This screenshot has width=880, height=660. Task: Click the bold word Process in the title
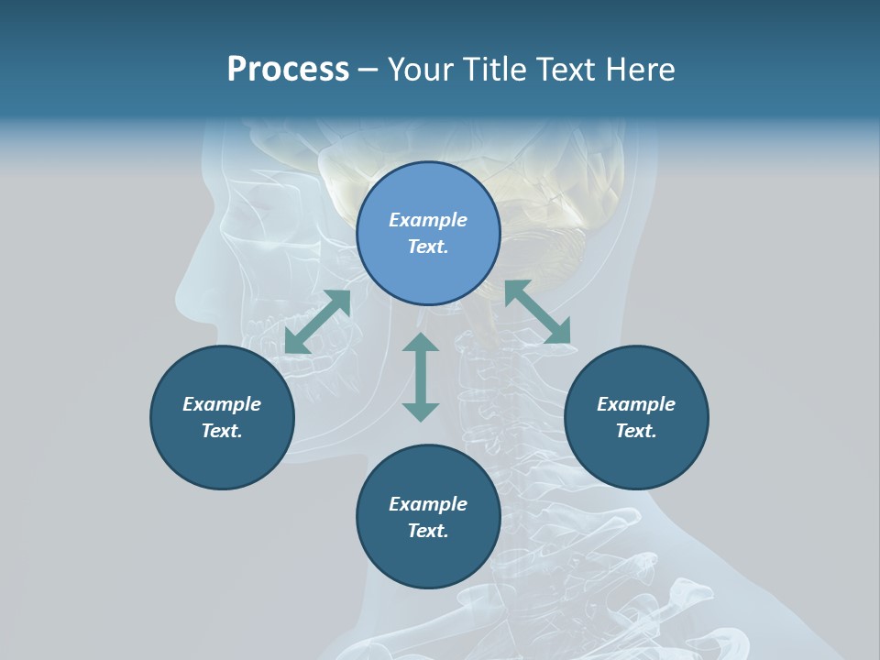click(288, 70)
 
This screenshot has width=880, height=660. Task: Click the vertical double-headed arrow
click(421, 377)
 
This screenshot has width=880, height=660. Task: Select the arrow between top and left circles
click(317, 322)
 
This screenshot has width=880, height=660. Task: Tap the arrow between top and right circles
click(538, 312)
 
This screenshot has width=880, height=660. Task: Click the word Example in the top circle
click(428, 220)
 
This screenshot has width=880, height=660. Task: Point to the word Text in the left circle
click(222, 431)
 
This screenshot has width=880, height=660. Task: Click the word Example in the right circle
click(636, 404)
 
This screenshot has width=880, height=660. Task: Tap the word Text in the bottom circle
click(428, 531)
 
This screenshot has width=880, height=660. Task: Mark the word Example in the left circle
click(222, 404)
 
